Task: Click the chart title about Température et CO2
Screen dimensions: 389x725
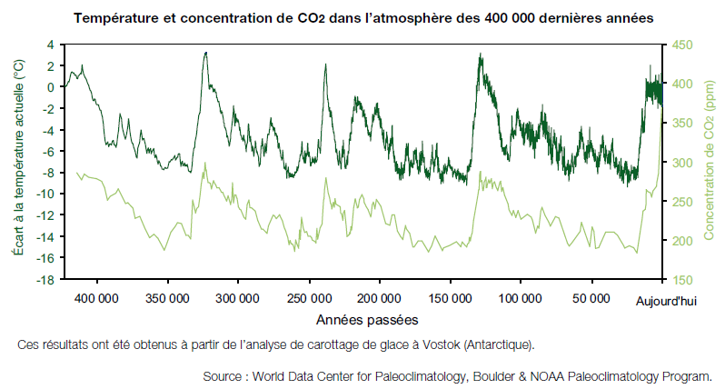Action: tap(362, 18)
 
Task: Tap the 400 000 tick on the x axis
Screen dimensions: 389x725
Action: tap(95, 298)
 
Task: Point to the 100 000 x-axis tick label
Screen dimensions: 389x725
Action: tap(520, 298)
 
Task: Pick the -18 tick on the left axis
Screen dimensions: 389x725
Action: tap(43, 280)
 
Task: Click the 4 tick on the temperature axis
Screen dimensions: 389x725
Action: tap(49, 44)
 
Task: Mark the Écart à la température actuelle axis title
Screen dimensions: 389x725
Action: tap(17, 162)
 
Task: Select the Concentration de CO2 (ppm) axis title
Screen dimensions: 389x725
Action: tap(708, 162)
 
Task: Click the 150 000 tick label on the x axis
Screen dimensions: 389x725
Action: tap(449, 298)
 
